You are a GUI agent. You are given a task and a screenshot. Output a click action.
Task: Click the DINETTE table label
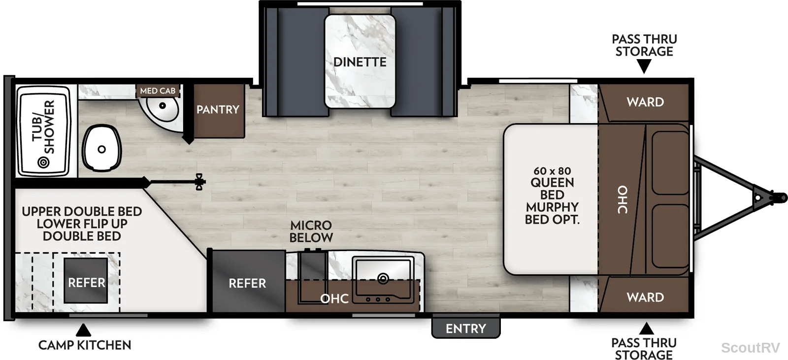(360, 62)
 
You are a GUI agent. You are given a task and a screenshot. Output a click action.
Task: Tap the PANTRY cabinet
(219, 110)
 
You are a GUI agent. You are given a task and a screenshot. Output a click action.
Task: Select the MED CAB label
(158, 91)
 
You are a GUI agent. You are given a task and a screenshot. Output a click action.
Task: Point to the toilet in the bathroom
(101, 148)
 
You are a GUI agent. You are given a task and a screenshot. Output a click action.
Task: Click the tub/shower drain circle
(44, 162)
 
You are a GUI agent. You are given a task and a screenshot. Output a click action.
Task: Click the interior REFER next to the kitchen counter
(248, 282)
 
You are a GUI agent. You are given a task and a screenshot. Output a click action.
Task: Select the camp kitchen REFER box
(86, 281)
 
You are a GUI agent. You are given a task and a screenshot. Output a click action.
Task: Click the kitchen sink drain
(383, 279)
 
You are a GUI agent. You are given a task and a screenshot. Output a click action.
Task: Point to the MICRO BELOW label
(311, 231)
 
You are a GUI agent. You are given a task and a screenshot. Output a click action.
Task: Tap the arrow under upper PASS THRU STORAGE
(644, 66)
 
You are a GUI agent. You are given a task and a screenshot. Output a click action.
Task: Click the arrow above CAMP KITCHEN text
(83, 330)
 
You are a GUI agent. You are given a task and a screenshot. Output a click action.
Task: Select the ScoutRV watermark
(751, 348)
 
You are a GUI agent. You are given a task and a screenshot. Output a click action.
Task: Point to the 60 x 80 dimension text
(552, 171)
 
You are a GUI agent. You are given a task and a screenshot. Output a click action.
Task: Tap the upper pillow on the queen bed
(670, 163)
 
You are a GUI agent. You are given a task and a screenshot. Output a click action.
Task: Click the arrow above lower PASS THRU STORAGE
(646, 328)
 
